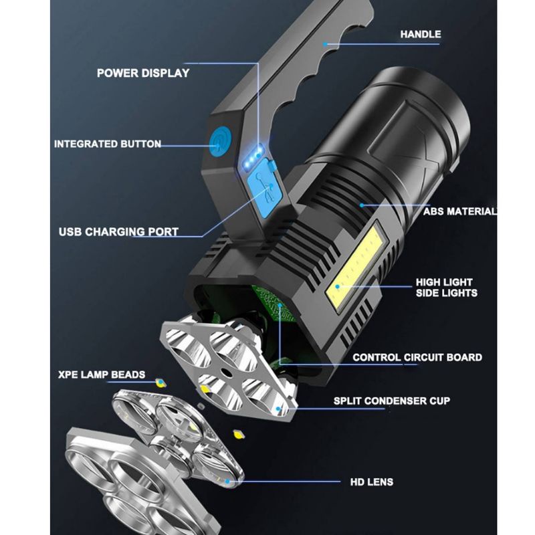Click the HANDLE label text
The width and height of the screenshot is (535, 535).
420,34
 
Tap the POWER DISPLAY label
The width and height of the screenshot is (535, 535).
143,73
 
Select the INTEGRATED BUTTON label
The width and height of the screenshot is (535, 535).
107,144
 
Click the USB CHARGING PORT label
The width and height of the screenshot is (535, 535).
118,232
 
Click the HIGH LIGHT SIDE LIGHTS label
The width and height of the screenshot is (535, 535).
447,288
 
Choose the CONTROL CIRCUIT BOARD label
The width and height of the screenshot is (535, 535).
417,357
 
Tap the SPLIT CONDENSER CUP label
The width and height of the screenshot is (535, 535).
392,401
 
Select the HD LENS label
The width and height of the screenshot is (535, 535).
371,481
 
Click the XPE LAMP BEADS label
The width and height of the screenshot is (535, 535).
101,374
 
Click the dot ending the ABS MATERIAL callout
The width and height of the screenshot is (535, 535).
361,205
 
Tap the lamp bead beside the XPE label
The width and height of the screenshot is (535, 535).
160,383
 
